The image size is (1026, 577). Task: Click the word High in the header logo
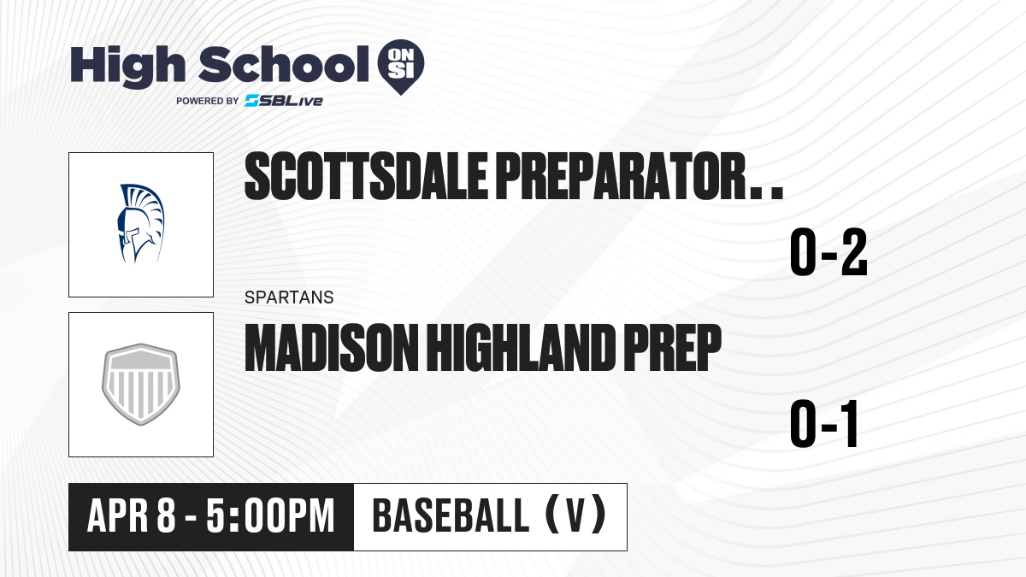(127, 67)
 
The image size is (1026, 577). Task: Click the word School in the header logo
(284, 64)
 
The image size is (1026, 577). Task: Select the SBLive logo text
(284, 101)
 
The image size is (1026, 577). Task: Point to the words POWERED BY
(208, 101)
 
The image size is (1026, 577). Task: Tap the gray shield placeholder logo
(141, 384)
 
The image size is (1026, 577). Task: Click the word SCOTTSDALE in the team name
(366, 176)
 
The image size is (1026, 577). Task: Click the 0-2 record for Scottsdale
(828, 252)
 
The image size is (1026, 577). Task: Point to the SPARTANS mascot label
(289, 297)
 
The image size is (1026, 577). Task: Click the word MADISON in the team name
(332, 348)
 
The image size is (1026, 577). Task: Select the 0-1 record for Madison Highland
(824, 424)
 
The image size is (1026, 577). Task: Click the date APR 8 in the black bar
(132, 516)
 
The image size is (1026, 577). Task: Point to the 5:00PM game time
(270, 516)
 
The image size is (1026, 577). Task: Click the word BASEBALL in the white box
(451, 515)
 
